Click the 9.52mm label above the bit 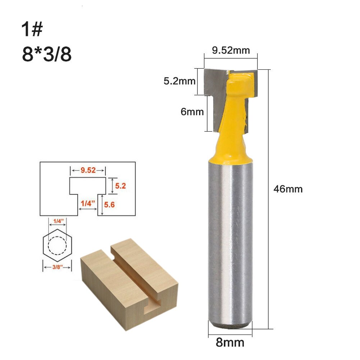231,50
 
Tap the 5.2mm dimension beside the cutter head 179,81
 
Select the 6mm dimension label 192,112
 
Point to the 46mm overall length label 288,189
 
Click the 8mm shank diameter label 230,342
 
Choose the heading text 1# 32,29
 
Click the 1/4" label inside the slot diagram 88,203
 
